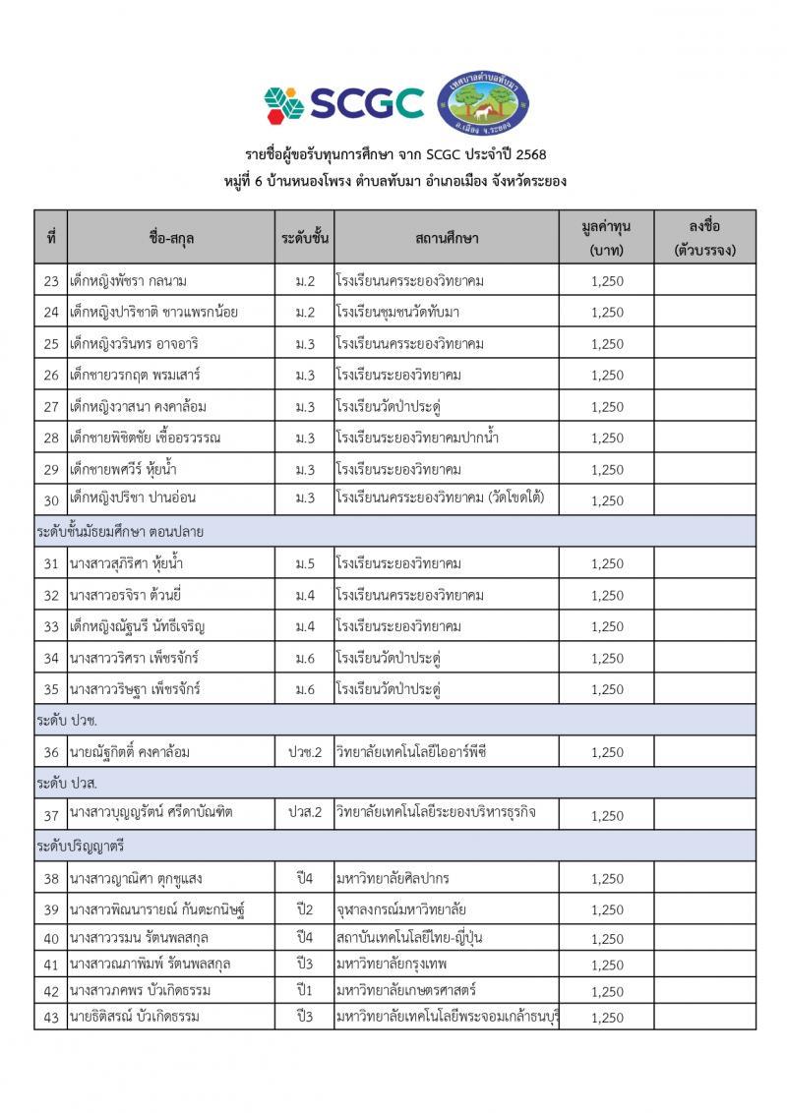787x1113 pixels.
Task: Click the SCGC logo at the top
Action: click(343, 102)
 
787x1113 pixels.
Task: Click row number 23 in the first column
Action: click(51, 281)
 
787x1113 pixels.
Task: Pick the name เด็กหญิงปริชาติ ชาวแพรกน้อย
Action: click(154, 313)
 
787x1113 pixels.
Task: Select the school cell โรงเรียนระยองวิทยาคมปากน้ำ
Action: click(416, 438)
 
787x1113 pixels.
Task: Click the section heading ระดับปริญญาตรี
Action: click(85, 846)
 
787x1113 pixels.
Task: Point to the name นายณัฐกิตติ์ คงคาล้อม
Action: click(130, 752)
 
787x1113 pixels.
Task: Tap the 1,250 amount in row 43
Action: click(607, 1018)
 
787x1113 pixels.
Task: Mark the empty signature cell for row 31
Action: click(704, 563)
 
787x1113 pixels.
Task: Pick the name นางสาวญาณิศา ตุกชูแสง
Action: click(137, 878)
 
